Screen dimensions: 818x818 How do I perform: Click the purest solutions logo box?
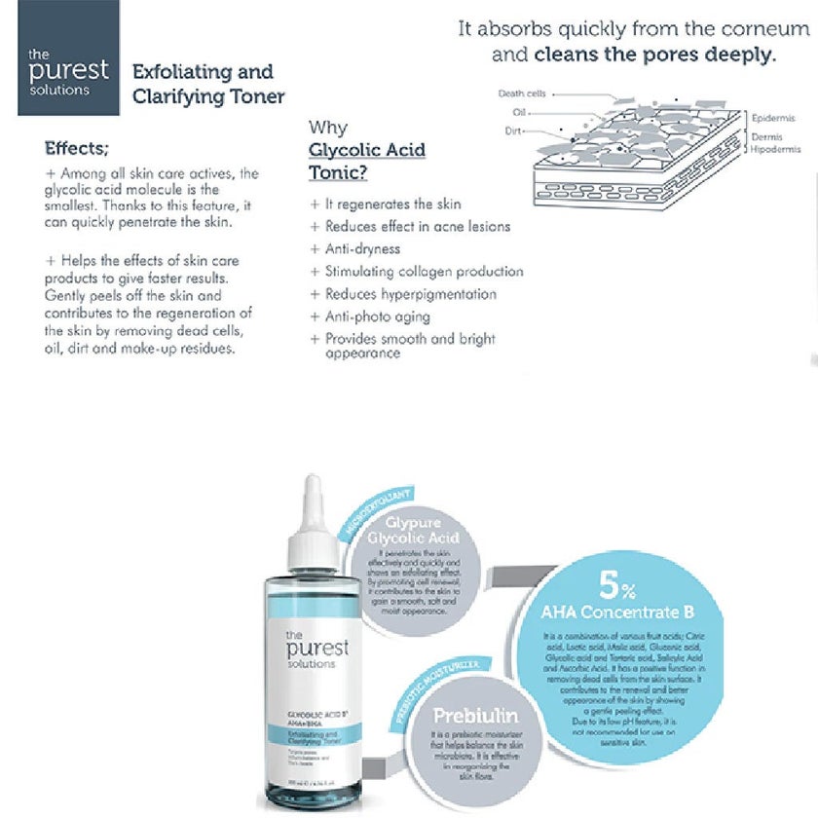(x=68, y=57)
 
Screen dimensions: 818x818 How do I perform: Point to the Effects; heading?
(x=77, y=149)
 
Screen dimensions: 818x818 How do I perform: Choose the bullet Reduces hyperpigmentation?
(x=410, y=294)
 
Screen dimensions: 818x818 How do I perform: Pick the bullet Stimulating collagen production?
(x=424, y=272)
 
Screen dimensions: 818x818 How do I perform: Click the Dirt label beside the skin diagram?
(x=514, y=130)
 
